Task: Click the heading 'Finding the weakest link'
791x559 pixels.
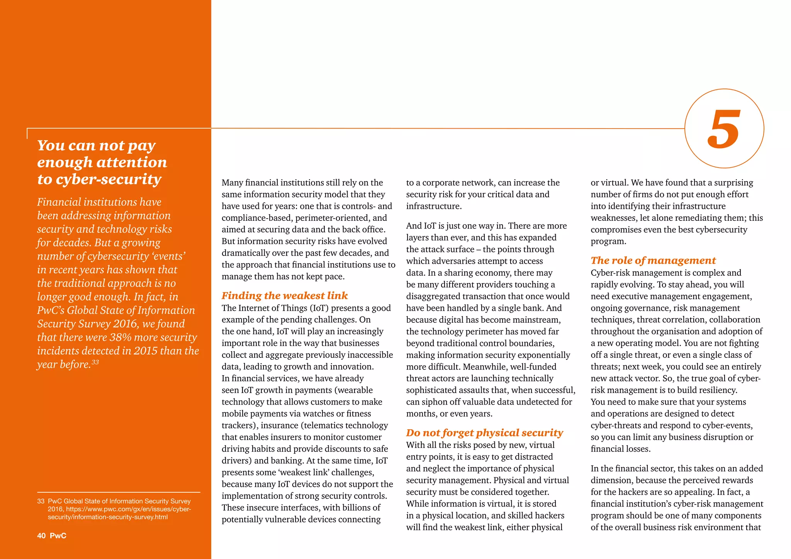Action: [285, 296]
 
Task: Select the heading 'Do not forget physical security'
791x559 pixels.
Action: [484, 433]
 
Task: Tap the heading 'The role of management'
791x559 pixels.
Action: [653, 261]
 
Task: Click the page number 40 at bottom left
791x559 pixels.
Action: [41, 536]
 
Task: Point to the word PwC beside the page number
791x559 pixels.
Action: [58, 536]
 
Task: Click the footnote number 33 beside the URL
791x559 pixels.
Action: [41, 501]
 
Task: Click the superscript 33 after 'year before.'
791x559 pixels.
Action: [95, 362]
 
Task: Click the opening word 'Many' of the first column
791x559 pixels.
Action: [232, 183]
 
